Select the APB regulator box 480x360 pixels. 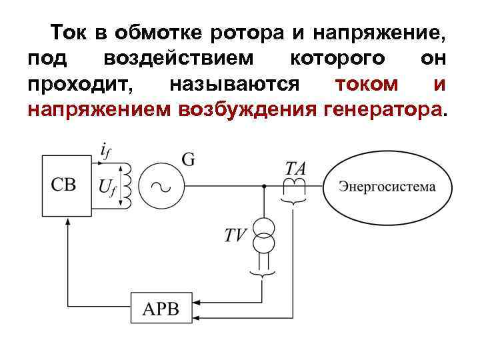click(x=161, y=309)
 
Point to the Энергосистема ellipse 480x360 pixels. click(x=386, y=187)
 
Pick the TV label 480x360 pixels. click(x=235, y=234)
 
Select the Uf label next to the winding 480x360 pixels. click(x=108, y=187)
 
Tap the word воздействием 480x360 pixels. click(x=179, y=58)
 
